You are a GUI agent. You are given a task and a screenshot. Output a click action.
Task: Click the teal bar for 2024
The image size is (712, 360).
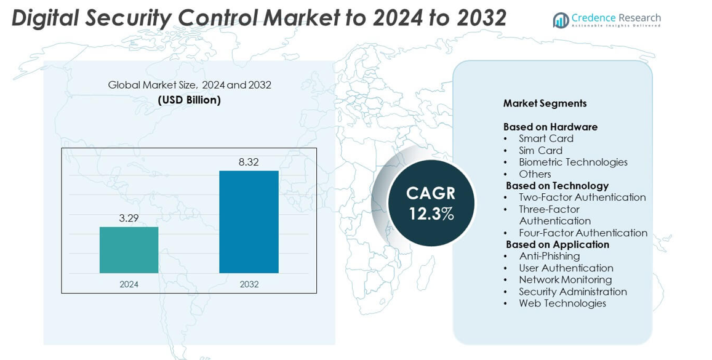click(x=129, y=250)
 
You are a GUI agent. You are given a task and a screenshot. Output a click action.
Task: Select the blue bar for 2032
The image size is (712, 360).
click(x=249, y=222)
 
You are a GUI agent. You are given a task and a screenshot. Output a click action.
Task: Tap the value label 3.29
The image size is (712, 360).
click(x=129, y=218)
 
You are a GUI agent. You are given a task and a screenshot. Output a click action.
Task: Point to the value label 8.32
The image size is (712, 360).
click(x=249, y=162)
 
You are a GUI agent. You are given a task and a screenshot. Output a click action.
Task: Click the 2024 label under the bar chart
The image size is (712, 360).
click(x=129, y=284)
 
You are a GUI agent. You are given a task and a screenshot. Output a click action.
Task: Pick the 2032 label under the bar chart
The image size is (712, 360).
click(x=249, y=284)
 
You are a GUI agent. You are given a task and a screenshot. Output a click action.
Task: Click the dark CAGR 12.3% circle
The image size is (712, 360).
click(x=431, y=203)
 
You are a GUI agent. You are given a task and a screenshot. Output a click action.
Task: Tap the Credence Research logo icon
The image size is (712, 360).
click(x=561, y=20)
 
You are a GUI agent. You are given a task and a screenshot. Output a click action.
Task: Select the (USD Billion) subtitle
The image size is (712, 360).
click(x=189, y=100)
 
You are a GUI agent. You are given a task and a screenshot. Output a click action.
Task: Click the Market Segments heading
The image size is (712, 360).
click(x=545, y=103)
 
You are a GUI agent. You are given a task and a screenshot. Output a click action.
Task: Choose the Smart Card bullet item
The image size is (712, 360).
click(x=546, y=138)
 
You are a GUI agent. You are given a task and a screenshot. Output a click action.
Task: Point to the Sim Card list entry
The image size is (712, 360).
click(x=540, y=150)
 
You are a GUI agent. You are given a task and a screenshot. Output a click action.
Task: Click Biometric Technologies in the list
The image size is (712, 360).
click(x=573, y=162)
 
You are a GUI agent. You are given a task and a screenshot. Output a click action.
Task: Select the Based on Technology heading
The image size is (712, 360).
click(x=557, y=185)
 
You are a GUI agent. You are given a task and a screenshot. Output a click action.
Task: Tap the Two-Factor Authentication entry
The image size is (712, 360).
click(x=582, y=197)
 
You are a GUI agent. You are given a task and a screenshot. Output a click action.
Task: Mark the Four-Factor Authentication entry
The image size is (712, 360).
click(x=583, y=233)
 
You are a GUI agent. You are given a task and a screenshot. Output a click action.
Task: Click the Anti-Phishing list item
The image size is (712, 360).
click(x=549, y=256)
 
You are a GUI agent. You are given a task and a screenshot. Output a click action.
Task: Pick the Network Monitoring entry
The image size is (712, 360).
click(x=565, y=279)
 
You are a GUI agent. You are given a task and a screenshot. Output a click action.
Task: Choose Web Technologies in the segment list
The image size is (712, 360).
click(x=562, y=303)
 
